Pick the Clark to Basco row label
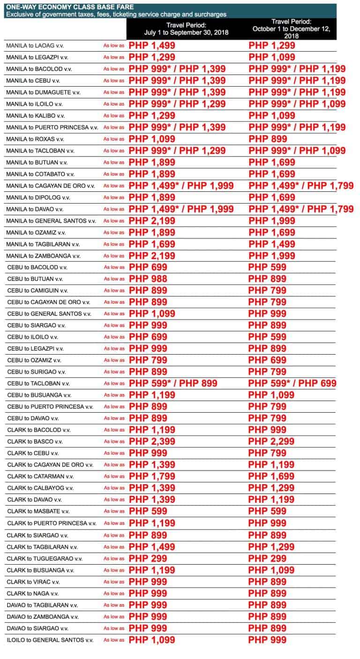[35, 441]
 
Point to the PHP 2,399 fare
[152, 441]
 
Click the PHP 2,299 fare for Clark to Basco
[271, 441]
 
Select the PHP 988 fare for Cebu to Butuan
[148, 279]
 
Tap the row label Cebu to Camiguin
[37, 290]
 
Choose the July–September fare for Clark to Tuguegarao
[148, 558]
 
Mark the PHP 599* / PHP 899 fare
[173, 383]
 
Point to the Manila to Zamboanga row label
[43, 256]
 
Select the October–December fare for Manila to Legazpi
[272, 57]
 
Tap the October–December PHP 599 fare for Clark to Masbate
[267, 511]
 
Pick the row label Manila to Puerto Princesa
[52, 127]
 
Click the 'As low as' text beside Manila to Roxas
[114, 139]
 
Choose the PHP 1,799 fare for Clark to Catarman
[152, 477]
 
